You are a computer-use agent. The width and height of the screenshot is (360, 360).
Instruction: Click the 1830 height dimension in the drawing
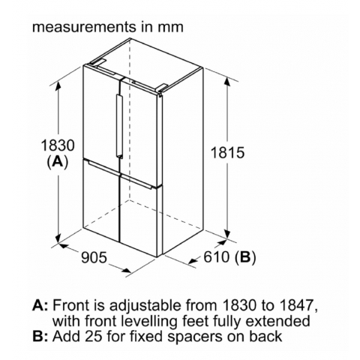(58, 145)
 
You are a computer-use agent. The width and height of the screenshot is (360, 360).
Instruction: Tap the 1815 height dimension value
(227, 152)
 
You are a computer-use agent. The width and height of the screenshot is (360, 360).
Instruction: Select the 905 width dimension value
(94, 257)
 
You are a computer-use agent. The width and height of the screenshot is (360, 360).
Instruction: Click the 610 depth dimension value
(217, 256)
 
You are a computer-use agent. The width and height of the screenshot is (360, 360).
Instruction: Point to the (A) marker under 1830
(58, 162)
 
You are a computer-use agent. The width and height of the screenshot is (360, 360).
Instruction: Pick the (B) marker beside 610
(245, 257)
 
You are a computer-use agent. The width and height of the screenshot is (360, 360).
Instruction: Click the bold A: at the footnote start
(40, 305)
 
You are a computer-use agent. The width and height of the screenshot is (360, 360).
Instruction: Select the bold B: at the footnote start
(40, 336)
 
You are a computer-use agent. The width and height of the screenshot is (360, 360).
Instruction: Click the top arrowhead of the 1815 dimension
(227, 82)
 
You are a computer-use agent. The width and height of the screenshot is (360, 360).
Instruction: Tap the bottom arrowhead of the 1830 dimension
(58, 238)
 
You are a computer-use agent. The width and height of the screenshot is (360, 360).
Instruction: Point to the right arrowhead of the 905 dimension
(126, 270)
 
